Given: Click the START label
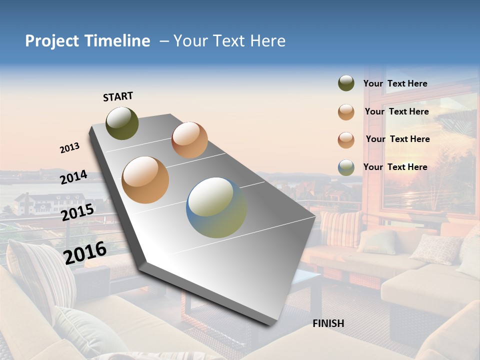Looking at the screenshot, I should coord(118,96).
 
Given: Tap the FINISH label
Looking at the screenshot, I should coord(328,323).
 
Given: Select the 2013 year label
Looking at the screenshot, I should coord(70,148).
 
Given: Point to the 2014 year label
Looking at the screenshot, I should coord(74,177).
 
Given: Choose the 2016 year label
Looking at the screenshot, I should coord(85,252).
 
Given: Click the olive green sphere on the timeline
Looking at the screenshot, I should coord(122,123).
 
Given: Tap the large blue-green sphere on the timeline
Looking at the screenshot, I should coord(216,207).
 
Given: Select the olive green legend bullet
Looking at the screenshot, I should coord(346,83).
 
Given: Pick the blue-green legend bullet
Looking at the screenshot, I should coord(346,167).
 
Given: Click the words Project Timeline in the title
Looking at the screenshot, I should coord(87,41).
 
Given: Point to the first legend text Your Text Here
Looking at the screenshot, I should coord(395,83).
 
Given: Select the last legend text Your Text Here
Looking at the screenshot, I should coord(395,167).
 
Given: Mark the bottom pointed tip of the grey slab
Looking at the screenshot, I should coord(270,324).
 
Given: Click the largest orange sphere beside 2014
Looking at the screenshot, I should coord(145,180).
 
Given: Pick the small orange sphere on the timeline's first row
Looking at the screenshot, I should coord(189,140).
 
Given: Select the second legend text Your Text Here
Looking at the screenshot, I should coord(396,111).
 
